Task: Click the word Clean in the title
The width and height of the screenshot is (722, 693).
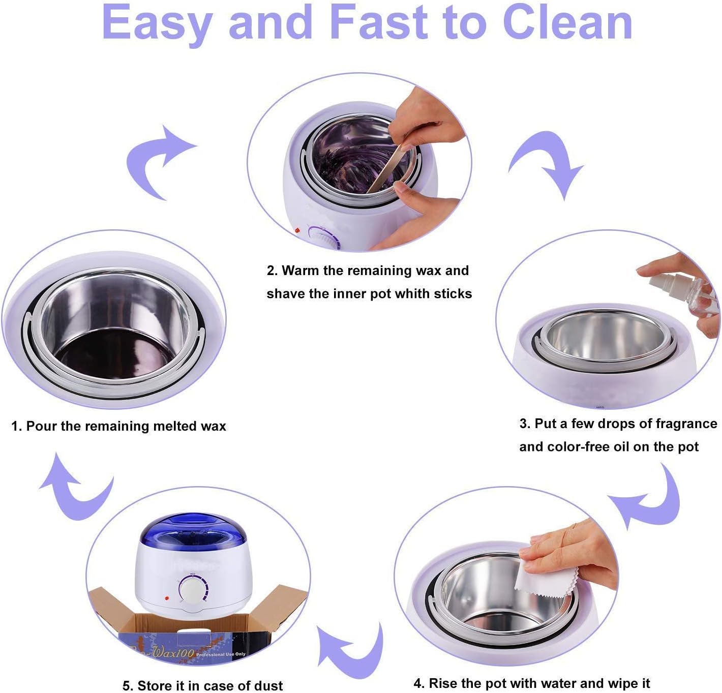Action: point(567,22)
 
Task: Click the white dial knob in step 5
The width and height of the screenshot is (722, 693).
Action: point(192,590)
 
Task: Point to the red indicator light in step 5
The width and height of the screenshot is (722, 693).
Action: point(167,598)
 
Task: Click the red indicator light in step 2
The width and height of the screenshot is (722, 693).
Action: point(297,231)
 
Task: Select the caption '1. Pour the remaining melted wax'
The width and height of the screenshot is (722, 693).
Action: point(118,426)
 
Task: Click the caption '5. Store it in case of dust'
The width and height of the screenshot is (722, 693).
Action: point(202,685)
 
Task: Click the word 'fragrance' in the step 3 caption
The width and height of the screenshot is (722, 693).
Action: point(686,424)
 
